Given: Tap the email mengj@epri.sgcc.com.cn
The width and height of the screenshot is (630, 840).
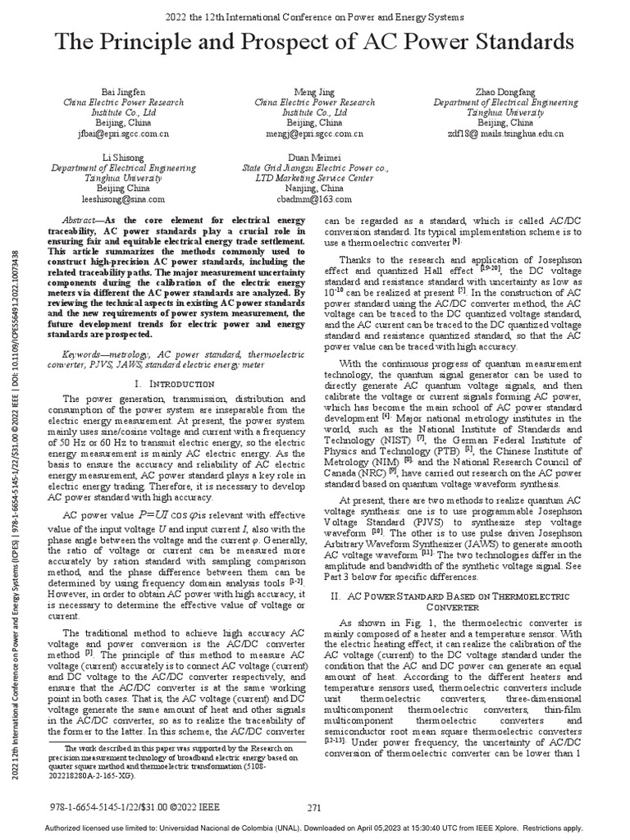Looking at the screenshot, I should point(313,132).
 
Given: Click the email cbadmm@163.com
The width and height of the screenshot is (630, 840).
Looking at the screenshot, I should point(314,199).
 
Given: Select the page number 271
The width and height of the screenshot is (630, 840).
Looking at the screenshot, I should point(313,807).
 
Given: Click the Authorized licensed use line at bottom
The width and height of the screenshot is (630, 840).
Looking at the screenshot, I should point(314,829).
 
